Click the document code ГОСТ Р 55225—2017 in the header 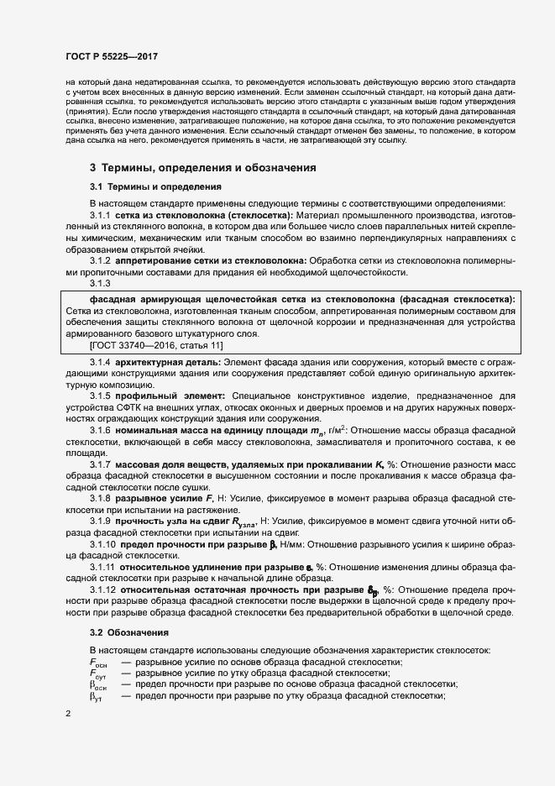click(x=112, y=55)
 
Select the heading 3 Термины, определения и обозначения click(x=202, y=168)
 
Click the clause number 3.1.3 click(x=102, y=283)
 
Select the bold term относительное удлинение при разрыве click(x=216, y=568)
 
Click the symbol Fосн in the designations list click(x=98, y=663)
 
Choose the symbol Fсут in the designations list click(x=98, y=674)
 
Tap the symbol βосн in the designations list click(x=98, y=686)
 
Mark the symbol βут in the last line click(x=96, y=697)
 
